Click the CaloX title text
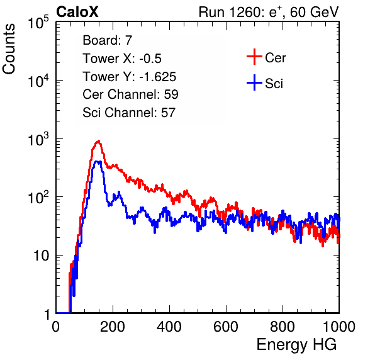(77, 12)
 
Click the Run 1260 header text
(269, 12)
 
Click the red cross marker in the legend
(254, 57)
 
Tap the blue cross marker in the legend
(254, 82)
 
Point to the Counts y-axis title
(9, 49)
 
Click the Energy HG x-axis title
(296, 345)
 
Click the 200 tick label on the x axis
(113, 327)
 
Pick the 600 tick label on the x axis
(226, 327)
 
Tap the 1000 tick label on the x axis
(339, 327)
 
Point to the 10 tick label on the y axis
(41, 256)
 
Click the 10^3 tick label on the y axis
(39, 139)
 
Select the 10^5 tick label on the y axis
(39, 23)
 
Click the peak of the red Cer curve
(98, 141)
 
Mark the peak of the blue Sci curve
(98, 162)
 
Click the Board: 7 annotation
(108, 40)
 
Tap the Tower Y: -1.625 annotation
(130, 77)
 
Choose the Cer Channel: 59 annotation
(131, 94)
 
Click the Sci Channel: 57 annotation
(129, 113)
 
